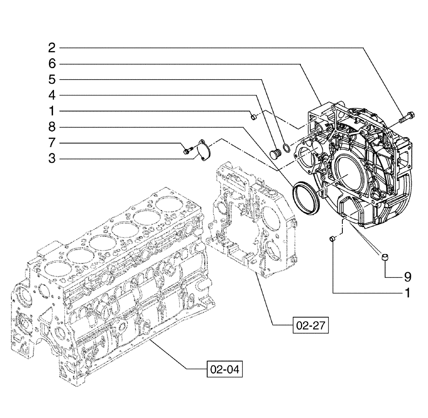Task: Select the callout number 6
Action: [52, 64]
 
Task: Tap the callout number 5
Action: [52, 80]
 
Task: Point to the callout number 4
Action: [52, 95]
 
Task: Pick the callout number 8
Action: [52, 127]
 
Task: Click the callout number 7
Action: [52, 143]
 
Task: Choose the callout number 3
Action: [52, 159]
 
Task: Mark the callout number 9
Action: [407, 277]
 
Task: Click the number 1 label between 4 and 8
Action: [52, 111]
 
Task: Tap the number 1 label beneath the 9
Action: [407, 293]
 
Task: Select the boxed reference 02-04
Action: [225, 369]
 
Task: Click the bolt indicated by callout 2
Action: [406, 117]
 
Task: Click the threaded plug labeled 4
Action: [275, 152]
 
